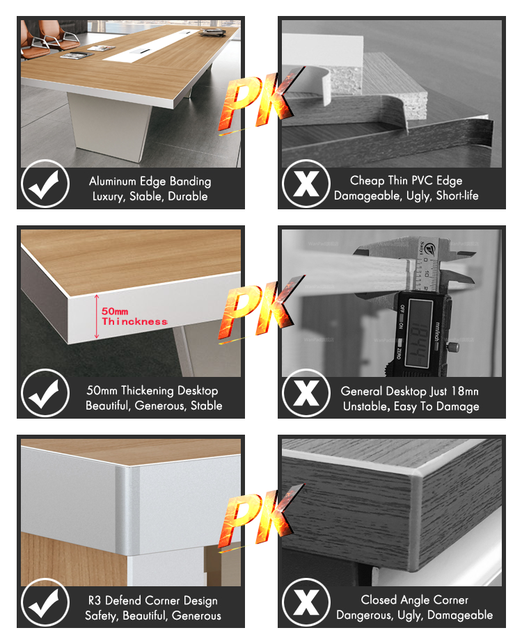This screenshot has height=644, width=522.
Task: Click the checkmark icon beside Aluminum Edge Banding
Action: [45, 184]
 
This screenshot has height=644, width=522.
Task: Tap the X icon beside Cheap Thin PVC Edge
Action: [306, 184]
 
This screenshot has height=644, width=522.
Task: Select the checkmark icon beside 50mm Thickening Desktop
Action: [45, 393]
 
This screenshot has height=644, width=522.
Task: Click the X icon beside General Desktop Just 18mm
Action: [306, 393]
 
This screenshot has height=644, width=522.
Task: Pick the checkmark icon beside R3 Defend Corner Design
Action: [45, 602]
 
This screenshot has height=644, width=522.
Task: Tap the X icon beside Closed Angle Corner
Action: [306, 602]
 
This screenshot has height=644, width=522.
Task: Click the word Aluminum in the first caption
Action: [112, 181]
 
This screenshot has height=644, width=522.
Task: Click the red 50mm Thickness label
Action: [134, 316]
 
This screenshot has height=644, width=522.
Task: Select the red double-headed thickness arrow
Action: [97, 316]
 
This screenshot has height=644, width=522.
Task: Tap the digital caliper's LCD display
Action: [419, 332]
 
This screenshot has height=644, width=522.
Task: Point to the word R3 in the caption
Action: [95, 600]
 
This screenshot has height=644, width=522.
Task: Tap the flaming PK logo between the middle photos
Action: [262, 310]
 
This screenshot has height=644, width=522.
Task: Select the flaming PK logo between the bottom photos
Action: [262, 518]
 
